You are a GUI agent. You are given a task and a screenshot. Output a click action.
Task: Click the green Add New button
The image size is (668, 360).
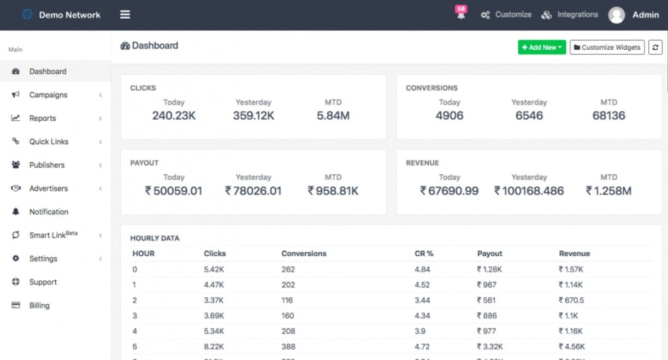pyautogui.click(x=542, y=48)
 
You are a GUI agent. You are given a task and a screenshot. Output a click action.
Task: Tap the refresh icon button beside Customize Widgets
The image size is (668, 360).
pyautogui.click(x=655, y=48)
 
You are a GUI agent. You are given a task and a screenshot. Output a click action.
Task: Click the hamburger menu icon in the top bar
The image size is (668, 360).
pyautogui.click(x=125, y=15)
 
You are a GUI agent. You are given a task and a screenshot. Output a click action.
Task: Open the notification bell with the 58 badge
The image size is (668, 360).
pyautogui.click(x=461, y=14)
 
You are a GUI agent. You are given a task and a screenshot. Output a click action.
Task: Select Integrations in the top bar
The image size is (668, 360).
pyautogui.click(x=570, y=15)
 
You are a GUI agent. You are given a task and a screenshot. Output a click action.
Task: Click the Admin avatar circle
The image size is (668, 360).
pyautogui.click(x=617, y=15)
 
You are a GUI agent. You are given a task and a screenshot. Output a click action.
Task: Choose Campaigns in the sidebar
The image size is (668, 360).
pyautogui.click(x=48, y=95)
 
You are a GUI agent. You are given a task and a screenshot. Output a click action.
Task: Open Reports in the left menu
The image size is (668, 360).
pyautogui.click(x=43, y=119)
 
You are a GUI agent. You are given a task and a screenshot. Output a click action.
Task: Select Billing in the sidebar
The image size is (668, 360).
pyautogui.click(x=39, y=305)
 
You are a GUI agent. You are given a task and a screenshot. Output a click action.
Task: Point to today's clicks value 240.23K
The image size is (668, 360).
pyautogui.click(x=174, y=116)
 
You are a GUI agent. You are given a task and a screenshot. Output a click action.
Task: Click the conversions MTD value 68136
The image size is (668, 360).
pyautogui.click(x=608, y=116)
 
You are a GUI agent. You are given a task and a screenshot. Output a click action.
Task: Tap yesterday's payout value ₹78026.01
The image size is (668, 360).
pyautogui.click(x=253, y=191)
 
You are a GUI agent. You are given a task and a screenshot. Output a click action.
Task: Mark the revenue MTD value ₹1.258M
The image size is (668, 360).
pyautogui.click(x=608, y=191)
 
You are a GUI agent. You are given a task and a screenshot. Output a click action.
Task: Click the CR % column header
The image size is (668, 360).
pyautogui.click(x=424, y=253)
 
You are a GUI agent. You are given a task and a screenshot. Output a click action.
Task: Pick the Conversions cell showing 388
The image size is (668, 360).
pyautogui.click(x=288, y=346)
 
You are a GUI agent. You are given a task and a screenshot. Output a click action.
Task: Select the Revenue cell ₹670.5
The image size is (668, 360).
pyautogui.click(x=571, y=300)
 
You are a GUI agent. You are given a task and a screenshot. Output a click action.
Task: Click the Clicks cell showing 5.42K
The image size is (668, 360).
pyautogui.click(x=213, y=269)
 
